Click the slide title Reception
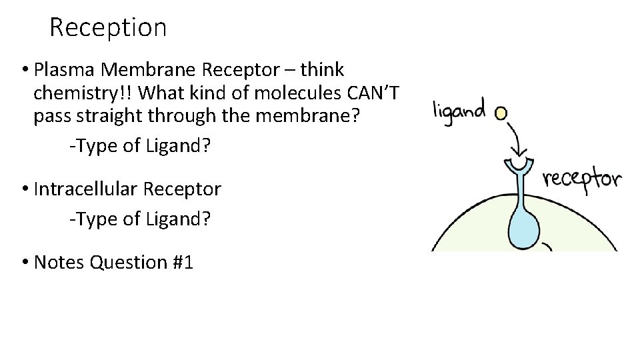click(x=107, y=28)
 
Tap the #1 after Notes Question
click(x=181, y=263)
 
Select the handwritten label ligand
click(x=459, y=110)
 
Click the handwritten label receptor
click(x=582, y=178)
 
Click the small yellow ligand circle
click(x=501, y=113)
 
